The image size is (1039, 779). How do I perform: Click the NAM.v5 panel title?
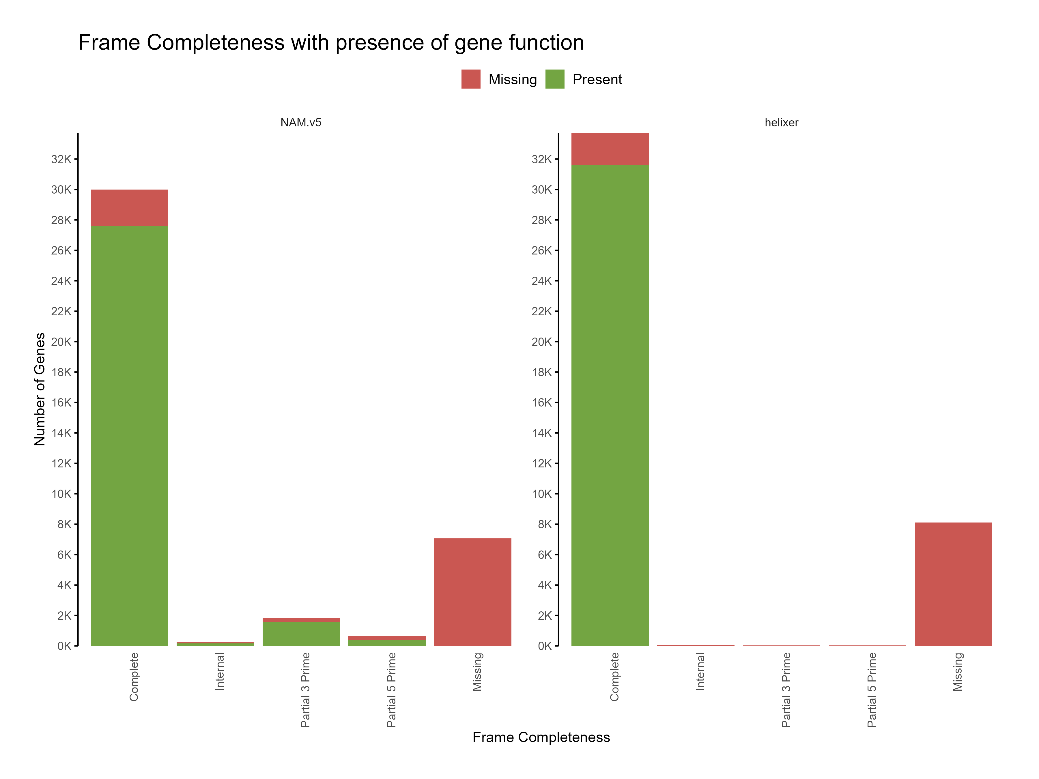(x=301, y=123)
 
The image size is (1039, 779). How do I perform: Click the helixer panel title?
(x=781, y=123)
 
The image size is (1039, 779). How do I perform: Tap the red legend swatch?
(x=471, y=79)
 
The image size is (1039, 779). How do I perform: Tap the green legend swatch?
(x=555, y=79)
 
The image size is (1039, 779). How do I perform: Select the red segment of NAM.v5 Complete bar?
(x=129, y=207)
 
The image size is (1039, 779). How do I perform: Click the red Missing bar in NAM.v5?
(x=472, y=592)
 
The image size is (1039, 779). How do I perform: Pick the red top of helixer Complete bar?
(x=610, y=149)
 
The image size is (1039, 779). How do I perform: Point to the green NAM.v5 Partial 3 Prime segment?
(x=301, y=634)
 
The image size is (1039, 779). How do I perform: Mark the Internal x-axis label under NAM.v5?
(x=219, y=671)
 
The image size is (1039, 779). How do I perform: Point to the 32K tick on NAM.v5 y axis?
(x=61, y=159)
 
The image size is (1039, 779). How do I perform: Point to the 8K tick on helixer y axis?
(x=544, y=524)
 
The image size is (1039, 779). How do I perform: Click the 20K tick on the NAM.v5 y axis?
(x=61, y=342)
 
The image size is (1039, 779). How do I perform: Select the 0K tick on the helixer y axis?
(x=544, y=646)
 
